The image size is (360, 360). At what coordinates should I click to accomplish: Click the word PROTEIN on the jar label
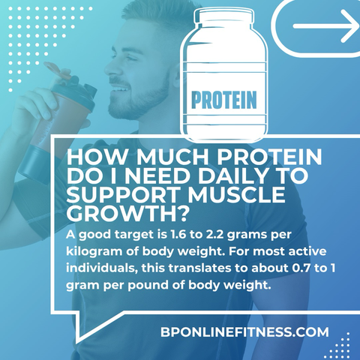click(224, 100)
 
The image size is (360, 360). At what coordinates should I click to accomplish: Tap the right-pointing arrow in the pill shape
click(326, 25)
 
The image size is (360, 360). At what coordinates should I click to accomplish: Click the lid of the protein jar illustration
click(224, 15)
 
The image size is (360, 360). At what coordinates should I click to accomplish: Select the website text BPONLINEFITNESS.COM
click(244, 332)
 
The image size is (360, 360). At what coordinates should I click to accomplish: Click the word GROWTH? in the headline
click(127, 214)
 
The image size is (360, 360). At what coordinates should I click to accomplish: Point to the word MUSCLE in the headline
click(236, 194)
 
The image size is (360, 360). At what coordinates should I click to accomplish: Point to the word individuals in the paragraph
click(103, 268)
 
